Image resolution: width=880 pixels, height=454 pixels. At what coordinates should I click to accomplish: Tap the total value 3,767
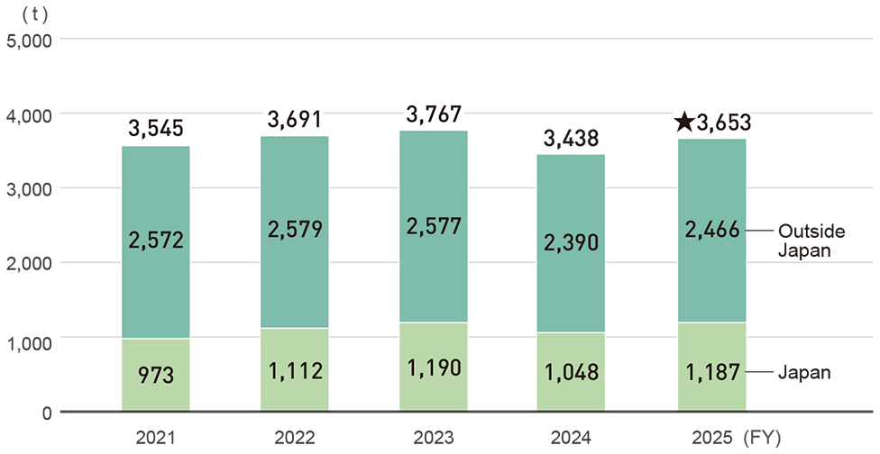434,114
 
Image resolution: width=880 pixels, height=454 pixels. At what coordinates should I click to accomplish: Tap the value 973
155,374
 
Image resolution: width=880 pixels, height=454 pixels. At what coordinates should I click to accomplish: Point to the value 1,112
294,368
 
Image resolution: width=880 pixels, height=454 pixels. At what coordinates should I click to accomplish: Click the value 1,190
434,366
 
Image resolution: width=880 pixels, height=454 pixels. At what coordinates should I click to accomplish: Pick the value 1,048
571,371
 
